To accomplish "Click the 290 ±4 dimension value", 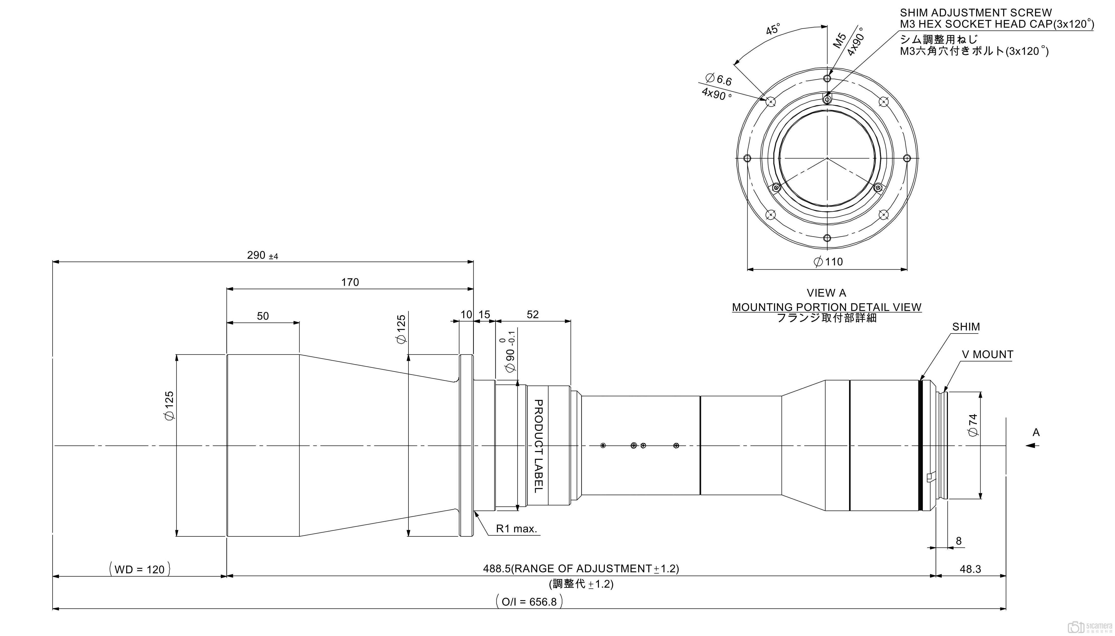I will pyautogui.click(x=262, y=255).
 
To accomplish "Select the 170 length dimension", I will pyautogui.click(x=350, y=282).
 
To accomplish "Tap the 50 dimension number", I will pyautogui.click(x=263, y=316).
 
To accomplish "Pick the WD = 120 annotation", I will pyautogui.click(x=140, y=569).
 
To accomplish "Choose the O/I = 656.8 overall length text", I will pyautogui.click(x=529, y=602).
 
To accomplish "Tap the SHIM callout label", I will pyautogui.click(x=966, y=327).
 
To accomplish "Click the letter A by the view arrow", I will pyautogui.click(x=1036, y=432).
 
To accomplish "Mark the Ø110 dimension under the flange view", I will pyautogui.click(x=828, y=262).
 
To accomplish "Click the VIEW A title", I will pyautogui.click(x=826, y=293).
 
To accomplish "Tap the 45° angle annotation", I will pyautogui.click(x=772, y=30).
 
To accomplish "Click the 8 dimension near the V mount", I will pyautogui.click(x=958, y=541).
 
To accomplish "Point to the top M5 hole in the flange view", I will pyautogui.click(x=827, y=78).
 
